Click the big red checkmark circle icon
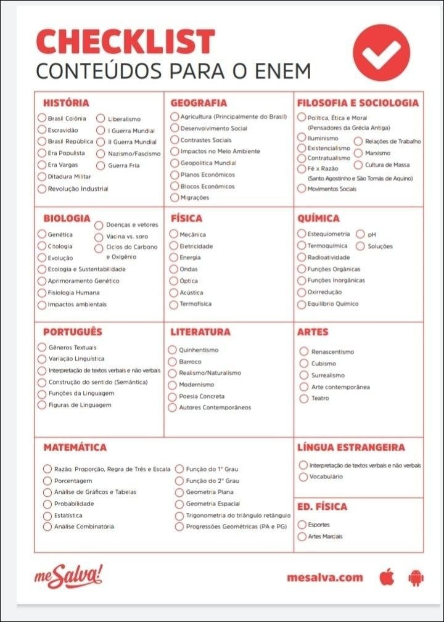pyautogui.click(x=381, y=53)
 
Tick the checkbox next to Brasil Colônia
pyautogui.click(x=42, y=118)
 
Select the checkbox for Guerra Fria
pyautogui.click(x=101, y=165)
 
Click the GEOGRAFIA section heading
pyautogui.click(x=199, y=103)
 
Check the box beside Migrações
pyautogui.click(x=174, y=198)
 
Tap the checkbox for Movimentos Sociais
pyautogui.click(x=302, y=189)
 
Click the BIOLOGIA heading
pyautogui.click(x=67, y=218)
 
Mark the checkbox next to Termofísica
pyautogui.click(x=174, y=304)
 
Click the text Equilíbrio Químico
pyautogui.click(x=333, y=304)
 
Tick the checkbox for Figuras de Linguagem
pyautogui.click(x=42, y=405)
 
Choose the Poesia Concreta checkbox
pyautogui.click(x=173, y=396)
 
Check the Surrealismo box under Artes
pyautogui.click(x=303, y=375)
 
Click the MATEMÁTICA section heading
pyautogui.click(x=75, y=447)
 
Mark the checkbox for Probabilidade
pyautogui.click(x=47, y=504)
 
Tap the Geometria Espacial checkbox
pyautogui.click(x=179, y=504)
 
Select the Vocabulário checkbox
pyautogui.click(x=303, y=477)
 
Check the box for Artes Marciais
pyautogui.click(x=302, y=536)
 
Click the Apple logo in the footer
pyautogui.click(x=387, y=578)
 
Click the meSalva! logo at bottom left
pyautogui.click(x=68, y=578)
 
